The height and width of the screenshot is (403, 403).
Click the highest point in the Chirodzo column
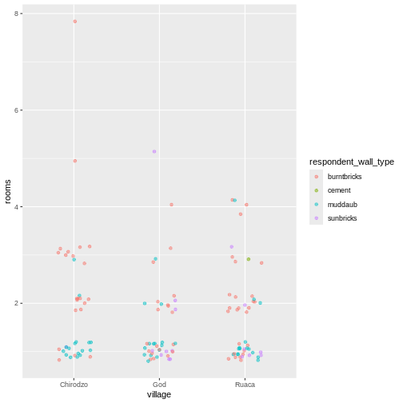[75, 22]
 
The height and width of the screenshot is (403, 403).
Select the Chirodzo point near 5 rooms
[75, 161]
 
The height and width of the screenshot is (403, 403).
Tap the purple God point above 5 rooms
[154, 151]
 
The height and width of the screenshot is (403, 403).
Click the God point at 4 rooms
[171, 205]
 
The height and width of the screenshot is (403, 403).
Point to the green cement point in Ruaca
[249, 259]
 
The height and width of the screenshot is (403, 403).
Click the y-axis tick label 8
[18, 14]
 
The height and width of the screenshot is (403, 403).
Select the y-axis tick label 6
[18, 110]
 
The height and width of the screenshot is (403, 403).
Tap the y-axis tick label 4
[18, 207]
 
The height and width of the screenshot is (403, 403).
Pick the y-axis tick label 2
[18, 303]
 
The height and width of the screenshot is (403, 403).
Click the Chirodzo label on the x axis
[74, 385]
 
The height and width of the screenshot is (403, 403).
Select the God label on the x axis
[159, 385]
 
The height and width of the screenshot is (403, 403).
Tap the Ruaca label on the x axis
[244, 385]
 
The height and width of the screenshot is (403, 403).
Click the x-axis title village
[159, 394]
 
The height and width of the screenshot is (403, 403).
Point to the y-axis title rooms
[8, 191]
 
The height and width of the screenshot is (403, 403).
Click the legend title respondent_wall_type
[352, 162]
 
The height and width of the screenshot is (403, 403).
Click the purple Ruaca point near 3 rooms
[232, 247]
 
